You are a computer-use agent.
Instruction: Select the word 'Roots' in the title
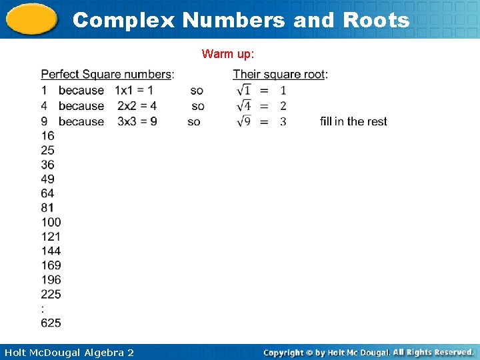pos(376,20)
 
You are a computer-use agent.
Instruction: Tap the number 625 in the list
pos(51,323)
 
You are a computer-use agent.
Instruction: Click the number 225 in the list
pos(51,294)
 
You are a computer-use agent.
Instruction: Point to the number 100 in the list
pos(51,222)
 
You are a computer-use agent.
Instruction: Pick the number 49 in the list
pos(47,179)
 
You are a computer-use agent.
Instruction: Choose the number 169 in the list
pos(51,265)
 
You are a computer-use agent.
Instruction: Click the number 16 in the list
pos(47,135)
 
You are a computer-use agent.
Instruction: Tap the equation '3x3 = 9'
pos(137,121)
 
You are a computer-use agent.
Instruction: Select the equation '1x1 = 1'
pos(134,90)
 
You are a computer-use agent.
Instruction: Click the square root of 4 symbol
pos(243,106)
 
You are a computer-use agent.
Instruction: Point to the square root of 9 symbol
pos(243,121)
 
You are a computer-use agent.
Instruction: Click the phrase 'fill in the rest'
pos(353,121)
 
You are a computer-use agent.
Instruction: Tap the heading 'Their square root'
pos(279,74)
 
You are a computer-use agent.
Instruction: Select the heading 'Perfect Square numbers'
pos(106,74)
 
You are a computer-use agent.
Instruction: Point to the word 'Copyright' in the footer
pos(284,352)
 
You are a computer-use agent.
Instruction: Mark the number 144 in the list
pos(51,251)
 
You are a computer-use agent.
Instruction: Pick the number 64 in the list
pos(47,193)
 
